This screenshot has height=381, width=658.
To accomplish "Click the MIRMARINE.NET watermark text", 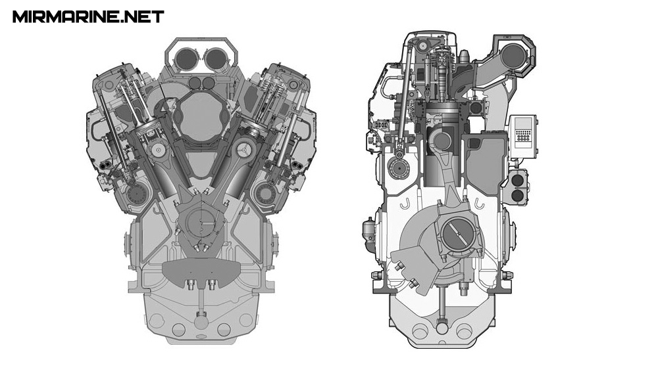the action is click(x=88, y=17).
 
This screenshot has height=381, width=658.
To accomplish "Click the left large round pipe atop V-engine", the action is click(x=186, y=58).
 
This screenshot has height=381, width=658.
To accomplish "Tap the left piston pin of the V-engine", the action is click(x=158, y=150).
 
